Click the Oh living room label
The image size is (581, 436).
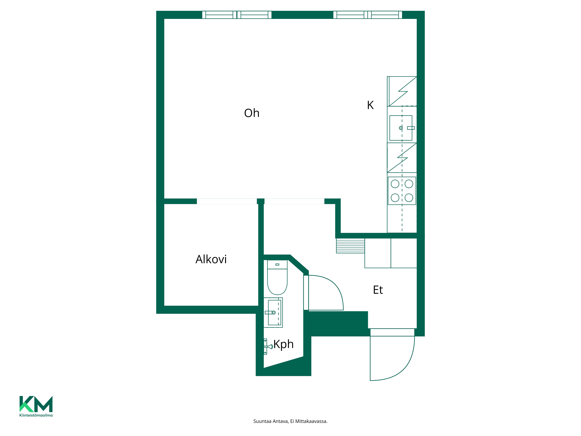252,113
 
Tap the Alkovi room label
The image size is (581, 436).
211,259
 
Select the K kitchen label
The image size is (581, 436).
370,105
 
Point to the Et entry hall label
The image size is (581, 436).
378,290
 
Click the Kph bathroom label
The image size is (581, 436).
283,344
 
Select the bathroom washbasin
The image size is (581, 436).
273,312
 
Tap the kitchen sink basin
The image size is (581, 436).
401,128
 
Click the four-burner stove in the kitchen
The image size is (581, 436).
402,191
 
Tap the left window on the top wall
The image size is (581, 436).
237,15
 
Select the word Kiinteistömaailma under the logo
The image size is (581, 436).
36,415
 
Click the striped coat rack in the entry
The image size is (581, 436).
350,246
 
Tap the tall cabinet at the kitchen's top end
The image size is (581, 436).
402,91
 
